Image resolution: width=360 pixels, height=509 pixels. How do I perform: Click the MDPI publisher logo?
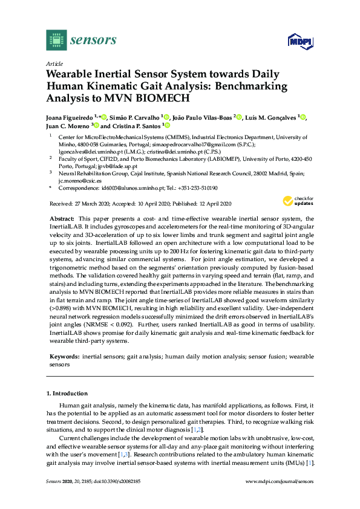point(298,41)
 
